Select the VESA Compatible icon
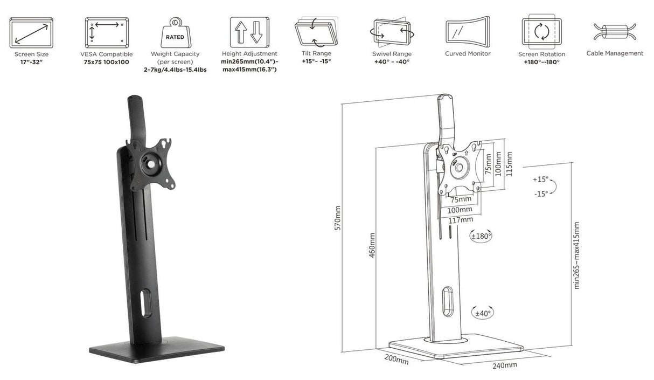tap(106, 32)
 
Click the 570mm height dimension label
tap(338, 218)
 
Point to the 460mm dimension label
tap(372, 245)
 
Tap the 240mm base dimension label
tap(505, 366)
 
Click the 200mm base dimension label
tap(396, 358)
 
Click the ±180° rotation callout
tap(481, 236)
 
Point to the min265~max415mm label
tap(576, 255)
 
